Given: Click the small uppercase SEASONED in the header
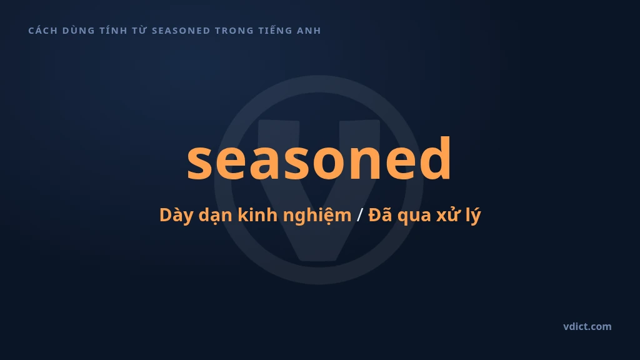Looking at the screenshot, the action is click(181, 31).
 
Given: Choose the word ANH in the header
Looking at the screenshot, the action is click(309, 31).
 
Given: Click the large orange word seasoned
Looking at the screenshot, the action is click(319, 158).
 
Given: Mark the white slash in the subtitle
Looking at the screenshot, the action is click(359, 215).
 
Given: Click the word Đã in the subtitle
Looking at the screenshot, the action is click(381, 214).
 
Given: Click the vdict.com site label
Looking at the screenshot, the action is click(587, 326).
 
